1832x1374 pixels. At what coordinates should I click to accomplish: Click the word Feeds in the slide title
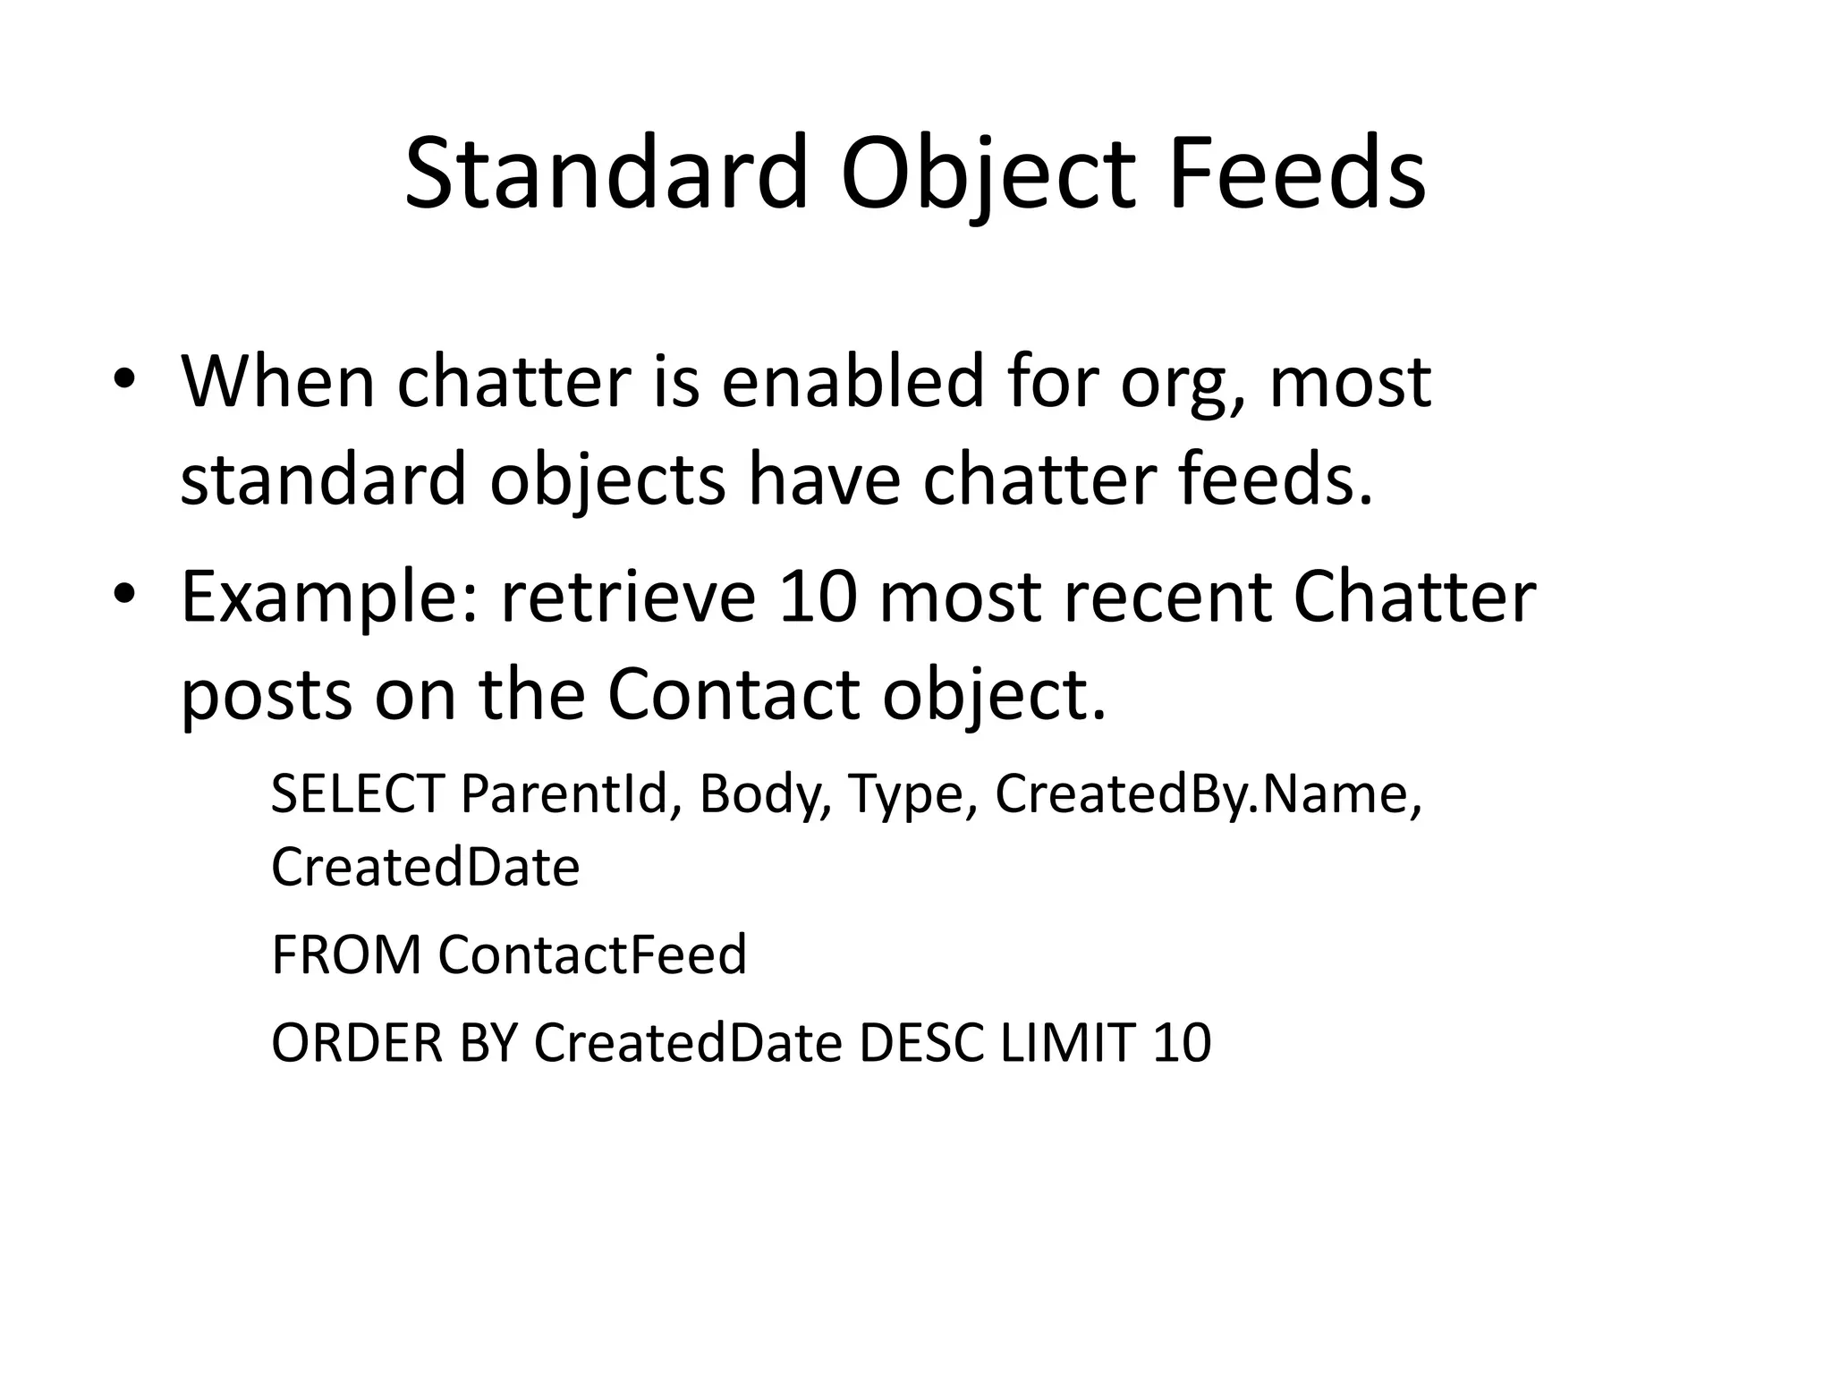click(x=1296, y=174)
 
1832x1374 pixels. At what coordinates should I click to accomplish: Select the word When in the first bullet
click(x=277, y=382)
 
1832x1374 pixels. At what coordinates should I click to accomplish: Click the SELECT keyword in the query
click(x=357, y=793)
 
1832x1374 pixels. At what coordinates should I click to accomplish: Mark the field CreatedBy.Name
click(x=1207, y=793)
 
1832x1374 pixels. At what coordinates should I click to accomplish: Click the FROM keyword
click(x=345, y=954)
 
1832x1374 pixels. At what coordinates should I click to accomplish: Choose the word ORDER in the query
click(x=357, y=1043)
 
